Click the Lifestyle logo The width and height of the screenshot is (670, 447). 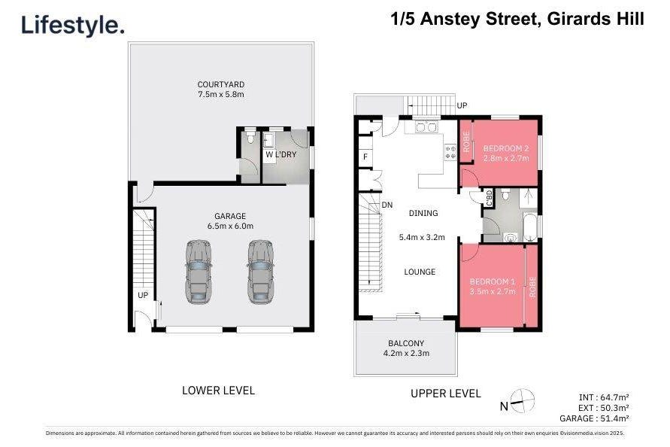(73, 26)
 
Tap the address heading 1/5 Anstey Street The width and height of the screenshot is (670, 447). (463, 20)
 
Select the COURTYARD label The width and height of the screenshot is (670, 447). (221, 84)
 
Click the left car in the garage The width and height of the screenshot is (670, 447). (199, 272)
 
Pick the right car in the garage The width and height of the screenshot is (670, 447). (260, 272)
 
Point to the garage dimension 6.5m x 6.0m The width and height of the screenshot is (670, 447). (230, 226)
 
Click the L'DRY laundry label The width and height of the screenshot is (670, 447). (286, 154)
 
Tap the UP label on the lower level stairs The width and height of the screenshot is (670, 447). (143, 295)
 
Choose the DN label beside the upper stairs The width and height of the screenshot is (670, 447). (387, 205)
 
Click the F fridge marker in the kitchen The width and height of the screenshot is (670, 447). (365, 157)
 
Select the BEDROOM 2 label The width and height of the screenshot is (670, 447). (506, 148)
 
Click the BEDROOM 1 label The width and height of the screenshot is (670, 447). (493, 281)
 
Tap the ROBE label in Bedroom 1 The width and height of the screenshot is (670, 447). (532, 287)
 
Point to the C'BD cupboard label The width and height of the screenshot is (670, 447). (490, 198)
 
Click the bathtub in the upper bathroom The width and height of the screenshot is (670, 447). (530, 227)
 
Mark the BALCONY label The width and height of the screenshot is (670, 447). (406, 343)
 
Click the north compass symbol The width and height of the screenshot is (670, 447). (522, 401)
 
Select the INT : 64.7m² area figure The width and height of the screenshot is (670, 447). (604, 397)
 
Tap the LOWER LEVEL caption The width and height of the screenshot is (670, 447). (218, 390)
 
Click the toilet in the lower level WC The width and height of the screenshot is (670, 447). (250, 137)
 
